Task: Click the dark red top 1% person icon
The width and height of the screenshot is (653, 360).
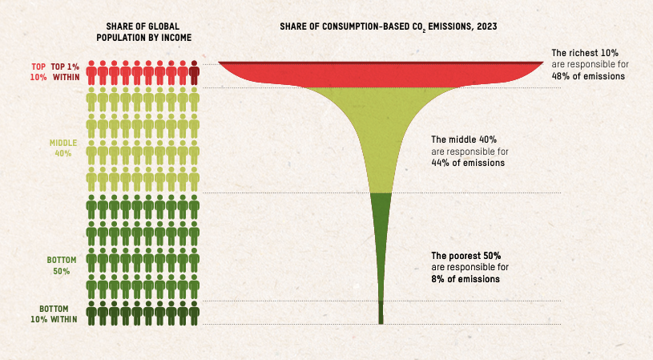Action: click(195, 74)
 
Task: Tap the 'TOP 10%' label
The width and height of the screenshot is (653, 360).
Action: click(38, 73)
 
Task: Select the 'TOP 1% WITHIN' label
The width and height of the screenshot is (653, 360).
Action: click(65, 73)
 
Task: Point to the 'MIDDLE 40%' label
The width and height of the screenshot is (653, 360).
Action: click(63, 148)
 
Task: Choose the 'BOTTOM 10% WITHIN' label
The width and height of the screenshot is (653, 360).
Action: click(58, 313)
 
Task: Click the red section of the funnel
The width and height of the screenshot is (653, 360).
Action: click(381, 75)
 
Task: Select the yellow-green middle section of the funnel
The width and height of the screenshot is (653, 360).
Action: click(381, 136)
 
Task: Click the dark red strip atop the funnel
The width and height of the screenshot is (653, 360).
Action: click(381, 63)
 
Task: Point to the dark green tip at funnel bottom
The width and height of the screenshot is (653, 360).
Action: click(381, 313)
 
